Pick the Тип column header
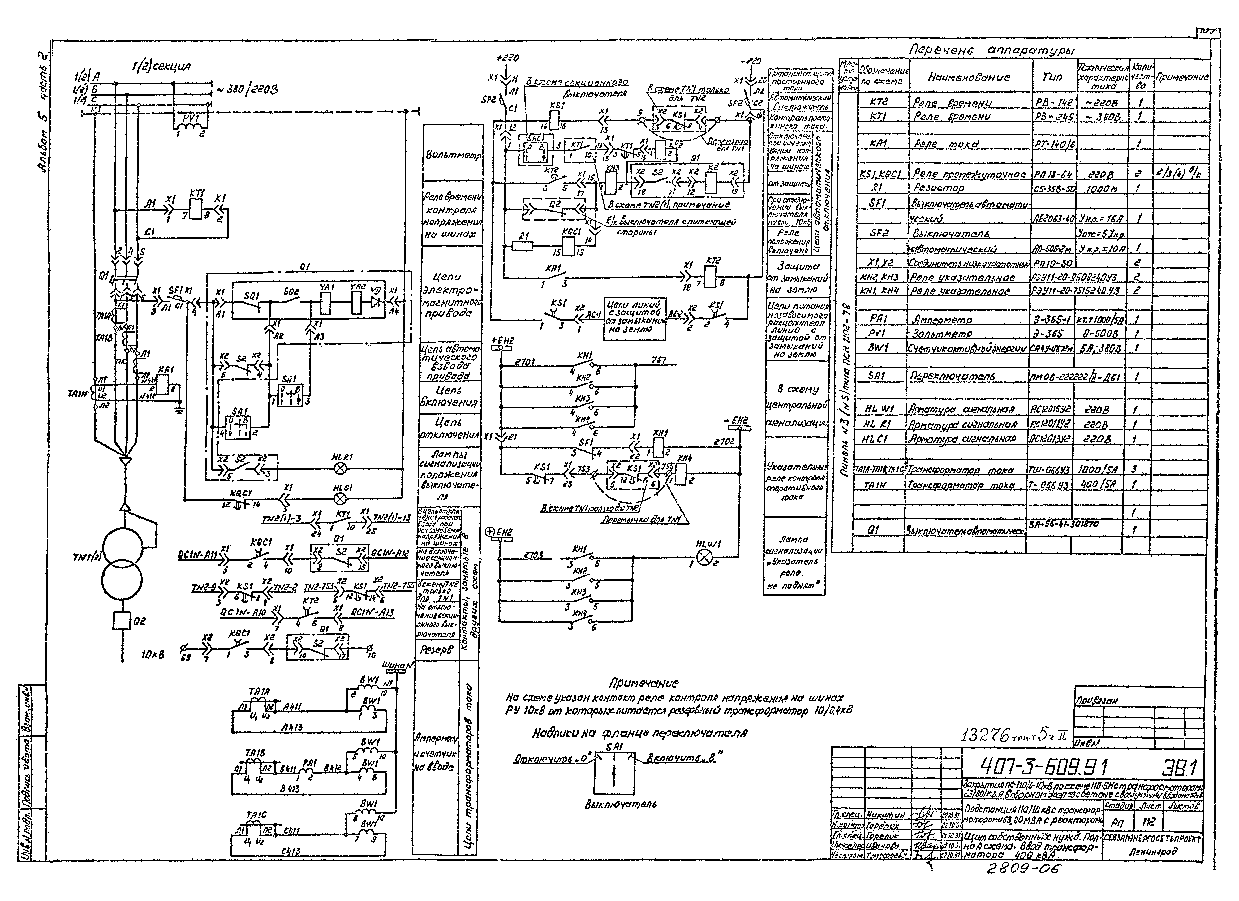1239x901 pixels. coord(1052,78)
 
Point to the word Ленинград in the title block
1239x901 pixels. coord(1153,851)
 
